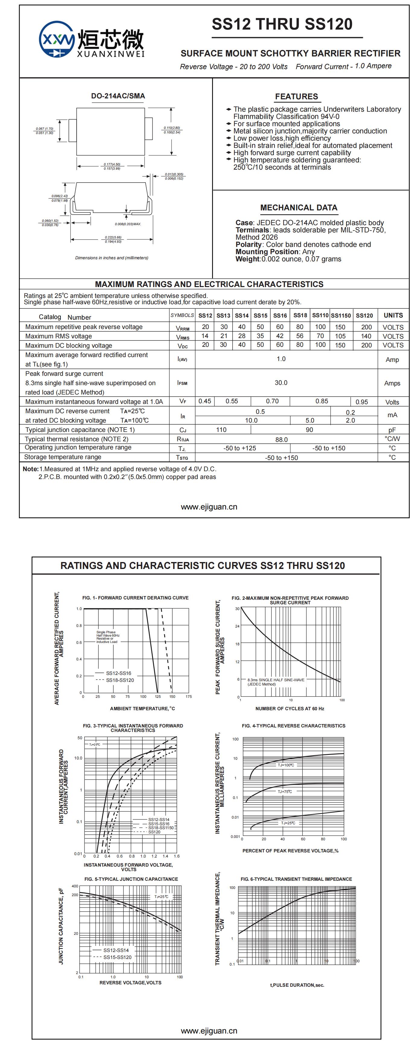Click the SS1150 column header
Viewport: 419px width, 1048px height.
click(x=341, y=315)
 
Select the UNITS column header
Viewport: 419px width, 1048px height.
click(x=393, y=315)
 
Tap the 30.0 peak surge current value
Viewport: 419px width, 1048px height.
click(x=281, y=383)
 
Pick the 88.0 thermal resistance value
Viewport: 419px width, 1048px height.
click(x=281, y=439)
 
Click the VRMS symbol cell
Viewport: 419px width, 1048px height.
click(x=183, y=337)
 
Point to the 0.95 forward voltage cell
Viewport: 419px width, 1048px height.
click(x=361, y=402)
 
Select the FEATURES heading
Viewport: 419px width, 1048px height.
click(x=296, y=96)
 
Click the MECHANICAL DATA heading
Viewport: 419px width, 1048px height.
click(x=299, y=207)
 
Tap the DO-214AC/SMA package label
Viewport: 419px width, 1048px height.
click(x=118, y=96)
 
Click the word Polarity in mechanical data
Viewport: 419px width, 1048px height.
click(x=248, y=244)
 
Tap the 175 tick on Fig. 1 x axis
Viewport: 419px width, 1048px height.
click(x=189, y=696)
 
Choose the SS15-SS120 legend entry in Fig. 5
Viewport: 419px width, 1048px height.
click(x=117, y=957)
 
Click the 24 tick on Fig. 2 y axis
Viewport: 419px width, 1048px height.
click(x=237, y=626)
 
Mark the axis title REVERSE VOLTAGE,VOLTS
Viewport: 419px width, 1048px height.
click(x=130, y=983)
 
